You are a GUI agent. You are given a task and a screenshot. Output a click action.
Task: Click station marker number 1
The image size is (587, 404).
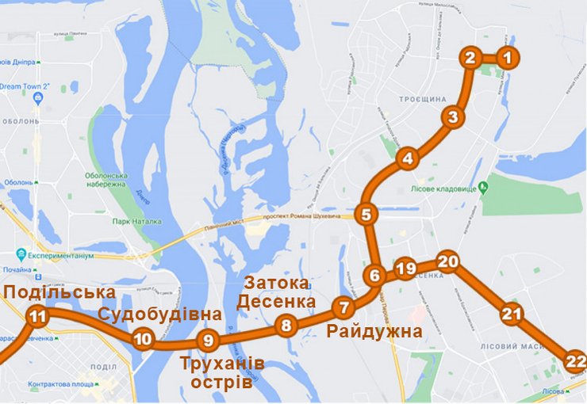509,57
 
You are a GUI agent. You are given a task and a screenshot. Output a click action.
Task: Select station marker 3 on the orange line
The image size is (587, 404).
452,118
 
